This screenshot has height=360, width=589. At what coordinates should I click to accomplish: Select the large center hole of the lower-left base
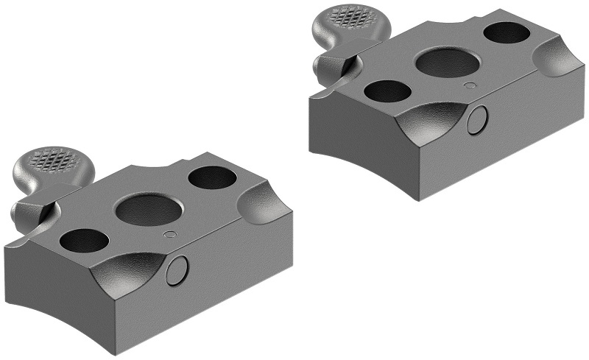149,211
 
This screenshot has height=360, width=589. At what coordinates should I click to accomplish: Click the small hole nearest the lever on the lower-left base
83,240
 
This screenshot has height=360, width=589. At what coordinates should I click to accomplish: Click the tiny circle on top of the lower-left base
170,235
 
